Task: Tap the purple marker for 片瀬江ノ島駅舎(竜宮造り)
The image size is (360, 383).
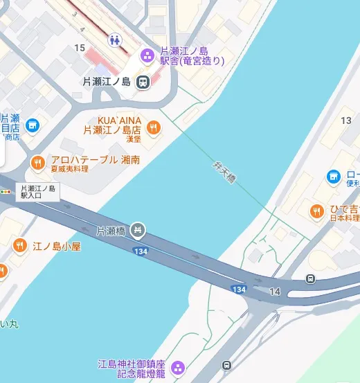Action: coord(147,55)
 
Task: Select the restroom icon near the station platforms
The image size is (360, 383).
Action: coord(115,39)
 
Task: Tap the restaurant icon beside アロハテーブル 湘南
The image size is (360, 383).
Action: coord(37,162)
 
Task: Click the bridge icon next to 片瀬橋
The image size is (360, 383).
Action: coord(138,229)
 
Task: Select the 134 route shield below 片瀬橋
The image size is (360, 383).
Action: coord(141,251)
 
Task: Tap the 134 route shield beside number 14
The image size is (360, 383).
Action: coord(240,289)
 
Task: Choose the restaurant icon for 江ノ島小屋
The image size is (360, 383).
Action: coord(19,245)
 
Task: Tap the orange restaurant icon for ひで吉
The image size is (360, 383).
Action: coord(317,211)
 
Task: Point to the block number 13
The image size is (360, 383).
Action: coord(346,121)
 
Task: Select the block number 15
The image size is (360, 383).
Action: coord(80,47)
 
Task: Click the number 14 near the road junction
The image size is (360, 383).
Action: coord(275,292)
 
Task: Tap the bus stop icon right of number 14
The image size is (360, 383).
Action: coord(309,279)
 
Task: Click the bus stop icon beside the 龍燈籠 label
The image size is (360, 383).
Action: coord(226,365)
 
